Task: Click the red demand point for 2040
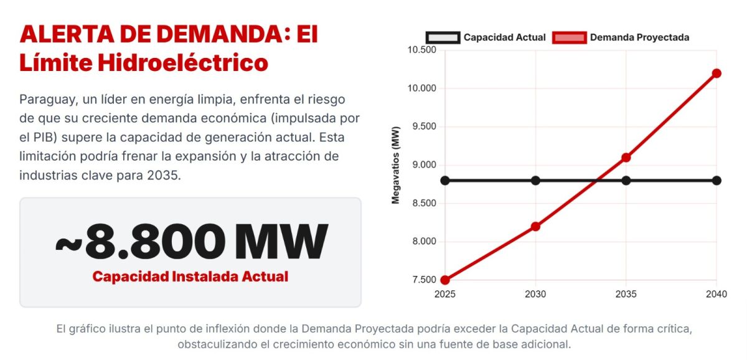coord(716,73)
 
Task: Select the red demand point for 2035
coord(626,158)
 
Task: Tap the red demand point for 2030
coord(535,226)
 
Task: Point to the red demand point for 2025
coord(445,280)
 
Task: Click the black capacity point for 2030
coord(535,181)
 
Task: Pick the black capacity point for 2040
coord(716,181)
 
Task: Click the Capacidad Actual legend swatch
coord(443,37)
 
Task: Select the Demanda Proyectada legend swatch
coord(569,37)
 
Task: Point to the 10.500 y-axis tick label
coord(421,50)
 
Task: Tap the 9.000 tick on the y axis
coord(423,165)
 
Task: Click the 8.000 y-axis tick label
coord(423,242)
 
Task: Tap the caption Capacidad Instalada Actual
coord(190,277)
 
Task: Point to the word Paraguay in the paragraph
coord(47,100)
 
